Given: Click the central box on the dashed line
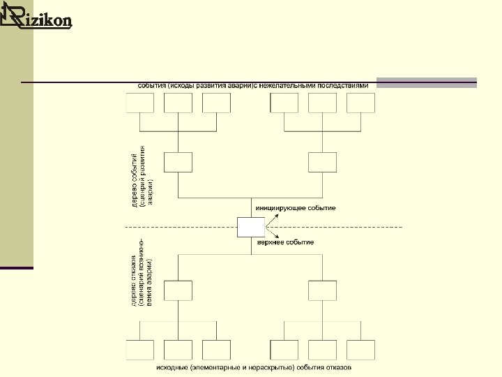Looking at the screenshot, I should tap(251, 228).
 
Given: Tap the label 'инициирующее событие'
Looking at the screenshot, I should tap(296, 208).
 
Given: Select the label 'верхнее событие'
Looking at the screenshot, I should tap(286, 242).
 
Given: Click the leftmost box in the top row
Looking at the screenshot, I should tap(139, 103).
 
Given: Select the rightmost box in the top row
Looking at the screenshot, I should tap(360, 103).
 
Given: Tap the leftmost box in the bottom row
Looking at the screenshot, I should tap(139, 349).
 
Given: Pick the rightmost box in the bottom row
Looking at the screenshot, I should tap(360, 349).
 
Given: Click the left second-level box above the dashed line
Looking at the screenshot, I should tap(178, 162).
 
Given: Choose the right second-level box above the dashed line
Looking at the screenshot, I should tap(322, 162).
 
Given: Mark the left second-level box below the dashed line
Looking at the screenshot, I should tap(178, 290).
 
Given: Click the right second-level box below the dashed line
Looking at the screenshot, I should tap(322, 290).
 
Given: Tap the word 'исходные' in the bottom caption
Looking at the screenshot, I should tap(171, 367).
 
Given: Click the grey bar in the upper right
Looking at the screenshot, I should tap(427, 82).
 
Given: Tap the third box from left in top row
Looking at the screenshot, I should tap(216, 103).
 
